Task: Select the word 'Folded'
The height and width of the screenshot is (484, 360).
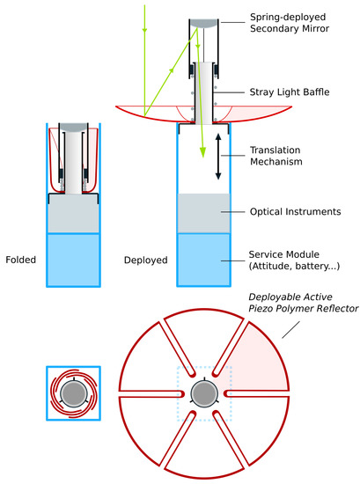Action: (x=20, y=260)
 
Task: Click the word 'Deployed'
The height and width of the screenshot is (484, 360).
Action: (x=145, y=260)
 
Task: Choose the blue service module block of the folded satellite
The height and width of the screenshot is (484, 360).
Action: (x=73, y=260)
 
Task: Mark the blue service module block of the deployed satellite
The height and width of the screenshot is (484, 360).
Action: (x=205, y=260)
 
